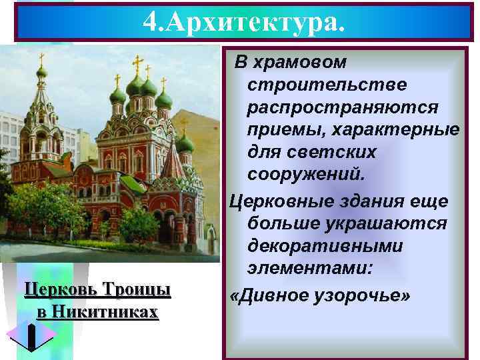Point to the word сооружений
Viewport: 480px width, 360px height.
(x=307, y=175)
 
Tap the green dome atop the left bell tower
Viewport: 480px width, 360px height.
(x=42, y=71)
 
